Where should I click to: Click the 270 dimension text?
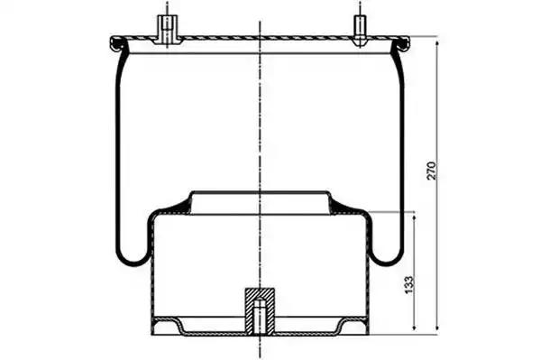(432, 171)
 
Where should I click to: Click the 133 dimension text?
(408, 284)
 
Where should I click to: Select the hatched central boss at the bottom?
(260, 310)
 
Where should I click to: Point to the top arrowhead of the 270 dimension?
(437, 44)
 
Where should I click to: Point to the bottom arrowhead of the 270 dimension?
(437, 327)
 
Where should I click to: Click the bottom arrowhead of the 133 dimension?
(415, 327)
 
